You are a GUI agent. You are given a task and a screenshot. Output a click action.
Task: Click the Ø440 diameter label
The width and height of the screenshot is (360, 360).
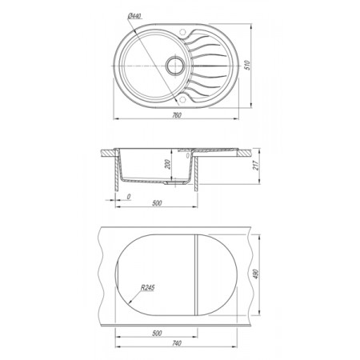[x=134, y=16]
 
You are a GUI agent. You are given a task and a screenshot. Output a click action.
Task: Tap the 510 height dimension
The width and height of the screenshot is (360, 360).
[x=248, y=66]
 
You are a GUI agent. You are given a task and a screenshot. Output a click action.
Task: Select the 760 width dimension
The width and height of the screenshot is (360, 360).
[x=177, y=115]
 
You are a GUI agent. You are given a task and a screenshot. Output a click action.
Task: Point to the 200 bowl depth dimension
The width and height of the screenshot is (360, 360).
[x=167, y=164]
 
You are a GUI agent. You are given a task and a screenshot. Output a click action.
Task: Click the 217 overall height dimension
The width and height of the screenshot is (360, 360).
[x=256, y=166]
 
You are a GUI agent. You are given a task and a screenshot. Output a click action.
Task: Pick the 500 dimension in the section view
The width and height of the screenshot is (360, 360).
[x=157, y=203]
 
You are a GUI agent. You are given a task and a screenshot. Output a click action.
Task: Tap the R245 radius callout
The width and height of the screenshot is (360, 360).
[x=147, y=288]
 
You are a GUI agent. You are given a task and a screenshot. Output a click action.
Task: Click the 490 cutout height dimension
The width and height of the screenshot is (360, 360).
[x=256, y=274]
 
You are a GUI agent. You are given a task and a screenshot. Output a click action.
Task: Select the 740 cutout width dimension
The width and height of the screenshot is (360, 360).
[x=177, y=343]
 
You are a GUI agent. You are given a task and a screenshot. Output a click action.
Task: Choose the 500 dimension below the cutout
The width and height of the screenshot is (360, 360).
[x=157, y=333]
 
